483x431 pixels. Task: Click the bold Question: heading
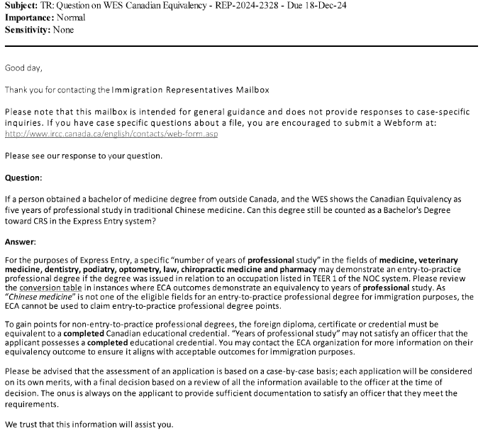tap(23, 177)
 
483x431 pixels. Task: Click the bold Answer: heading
tap(21, 242)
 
